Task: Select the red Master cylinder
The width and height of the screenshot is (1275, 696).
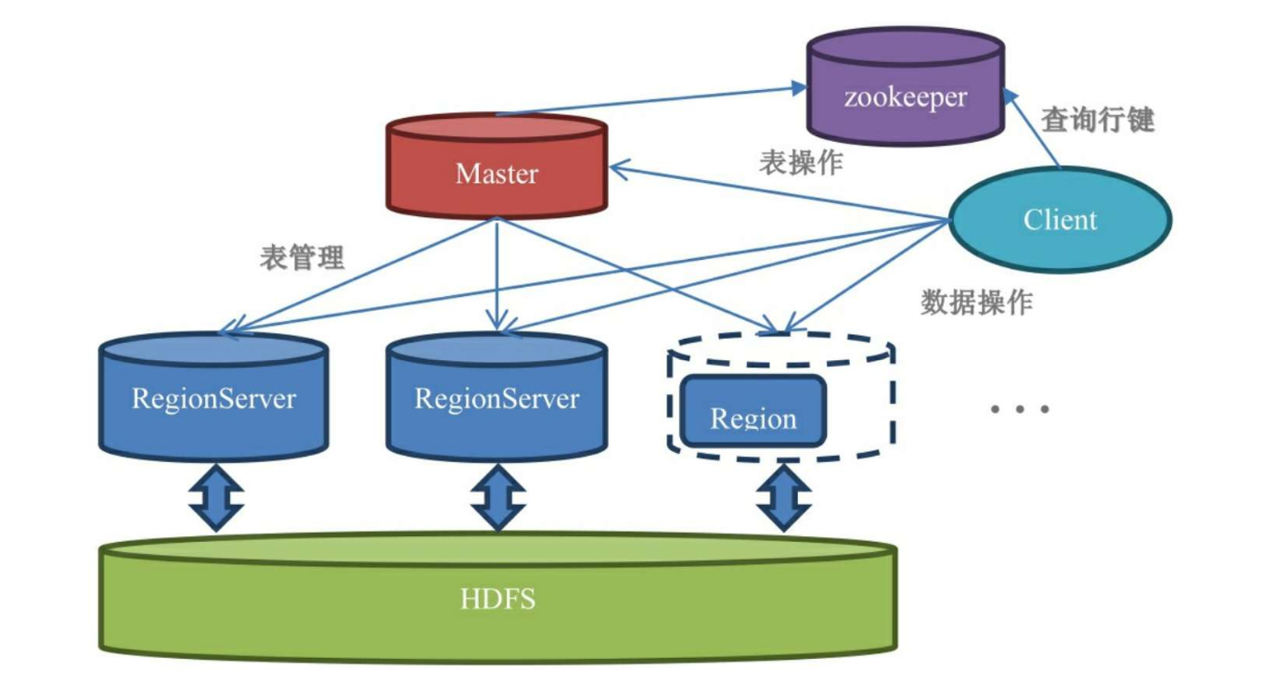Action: click(x=496, y=167)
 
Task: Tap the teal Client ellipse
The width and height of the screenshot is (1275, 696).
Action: click(x=1060, y=220)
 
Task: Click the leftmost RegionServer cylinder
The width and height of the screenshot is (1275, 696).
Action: click(x=213, y=397)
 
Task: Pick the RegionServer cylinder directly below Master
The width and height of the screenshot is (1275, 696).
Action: click(x=496, y=397)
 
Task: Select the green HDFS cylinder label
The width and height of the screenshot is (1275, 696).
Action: click(x=497, y=599)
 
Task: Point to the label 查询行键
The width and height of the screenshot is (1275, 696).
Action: click(x=1098, y=119)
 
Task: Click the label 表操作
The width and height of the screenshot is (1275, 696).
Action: click(x=801, y=162)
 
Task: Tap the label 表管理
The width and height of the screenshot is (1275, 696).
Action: click(x=302, y=257)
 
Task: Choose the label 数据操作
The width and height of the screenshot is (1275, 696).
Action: click(x=976, y=302)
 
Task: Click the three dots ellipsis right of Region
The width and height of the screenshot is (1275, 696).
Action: click(x=1019, y=408)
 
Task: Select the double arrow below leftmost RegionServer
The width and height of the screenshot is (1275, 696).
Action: click(x=215, y=497)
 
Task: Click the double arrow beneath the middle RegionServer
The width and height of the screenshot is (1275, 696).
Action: click(x=498, y=497)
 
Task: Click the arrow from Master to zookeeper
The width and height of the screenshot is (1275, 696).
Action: click(x=650, y=100)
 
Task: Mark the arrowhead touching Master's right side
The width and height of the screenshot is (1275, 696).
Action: click(x=620, y=169)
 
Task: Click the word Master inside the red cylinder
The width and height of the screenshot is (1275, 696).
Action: click(x=496, y=174)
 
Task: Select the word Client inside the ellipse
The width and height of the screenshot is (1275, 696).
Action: click(x=1060, y=220)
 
